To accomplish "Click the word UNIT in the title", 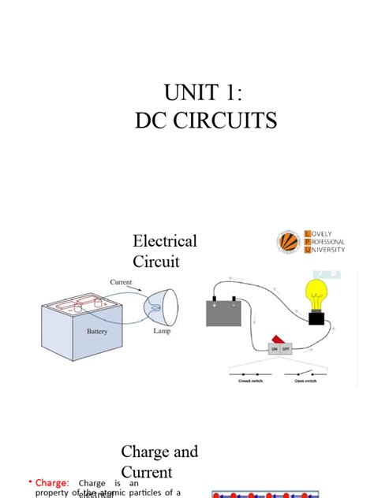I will point(190,93).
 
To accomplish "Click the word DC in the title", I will point(149,121).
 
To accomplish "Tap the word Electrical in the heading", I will point(165,240).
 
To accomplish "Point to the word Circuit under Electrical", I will point(156,261).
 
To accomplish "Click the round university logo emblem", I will point(289,242).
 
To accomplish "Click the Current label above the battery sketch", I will point(121,282).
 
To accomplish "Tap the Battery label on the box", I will point(97,332).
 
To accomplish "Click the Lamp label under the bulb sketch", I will point(162,332).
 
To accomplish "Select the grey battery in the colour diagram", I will point(223,313).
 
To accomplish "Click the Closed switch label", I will point(251,381).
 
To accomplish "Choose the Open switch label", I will point(305,381).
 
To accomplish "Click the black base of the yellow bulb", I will point(316,318).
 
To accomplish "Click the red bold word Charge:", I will point(51,483).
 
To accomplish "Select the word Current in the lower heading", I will point(146,472).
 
